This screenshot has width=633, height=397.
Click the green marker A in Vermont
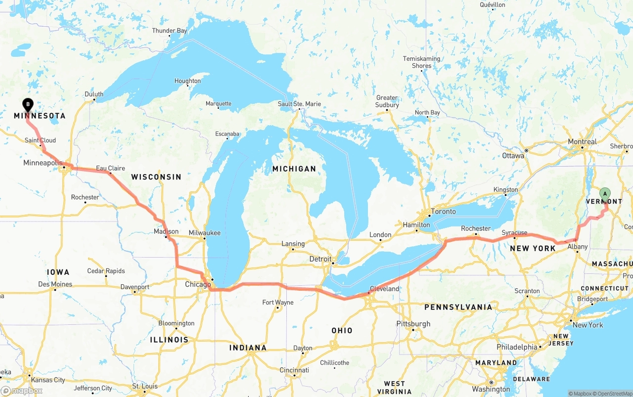[x=605, y=193]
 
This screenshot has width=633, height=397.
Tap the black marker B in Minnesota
[x=28, y=104]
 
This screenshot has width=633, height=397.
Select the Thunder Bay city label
[x=170, y=31]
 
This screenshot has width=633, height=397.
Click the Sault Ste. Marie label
[x=299, y=104]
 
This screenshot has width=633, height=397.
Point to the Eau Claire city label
[x=110, y=168]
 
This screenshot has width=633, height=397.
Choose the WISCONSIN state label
[x=156, y=177]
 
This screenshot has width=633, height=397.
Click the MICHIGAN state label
[x=294, y=169]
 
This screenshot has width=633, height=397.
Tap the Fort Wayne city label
[x=277, y=302]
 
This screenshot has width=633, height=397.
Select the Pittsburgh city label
[x=413, y=324]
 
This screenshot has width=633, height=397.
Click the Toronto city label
[x=443, y=212]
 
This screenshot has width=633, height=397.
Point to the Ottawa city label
[x=513, y=156]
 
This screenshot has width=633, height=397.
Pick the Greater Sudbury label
[x=387, y=101]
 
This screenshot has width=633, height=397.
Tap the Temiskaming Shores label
[x=421, y=62]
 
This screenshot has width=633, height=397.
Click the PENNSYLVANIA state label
[x=458, y=307]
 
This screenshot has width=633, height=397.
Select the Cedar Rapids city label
[x=106, y=271]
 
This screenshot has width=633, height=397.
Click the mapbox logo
[x=22, y=391]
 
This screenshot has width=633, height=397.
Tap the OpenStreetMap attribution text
[x=613, y=394]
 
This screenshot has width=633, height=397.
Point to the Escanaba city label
[x=227, y=134]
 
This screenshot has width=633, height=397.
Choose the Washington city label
[x=491, y=389]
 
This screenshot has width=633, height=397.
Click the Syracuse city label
[x=514, y=233]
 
